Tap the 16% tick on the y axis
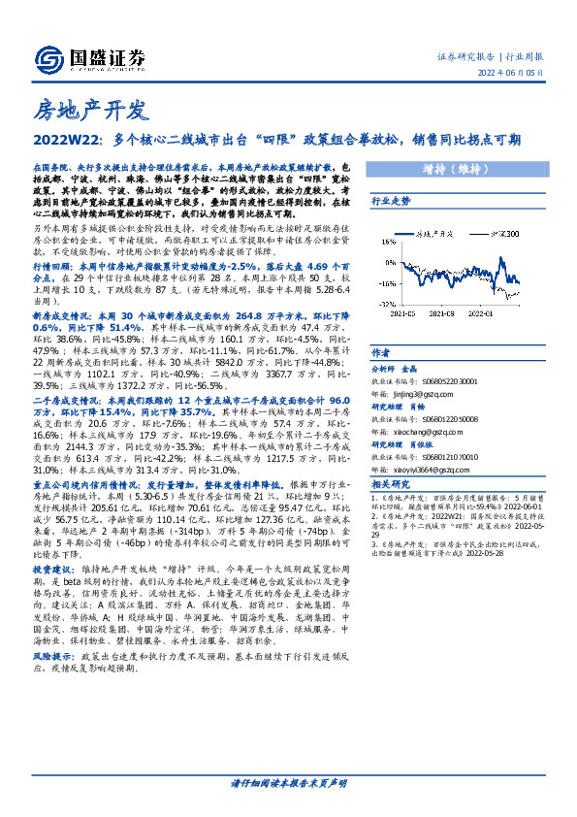[x=383, y=239]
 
